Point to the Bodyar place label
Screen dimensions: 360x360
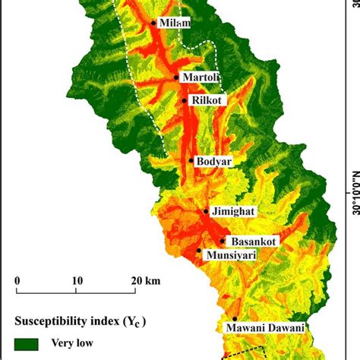click(213, 160)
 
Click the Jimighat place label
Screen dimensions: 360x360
click(235, 212)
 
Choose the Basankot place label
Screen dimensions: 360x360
click(254, 241)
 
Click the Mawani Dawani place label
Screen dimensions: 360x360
click(265, 327)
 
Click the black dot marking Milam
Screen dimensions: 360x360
click(154, 23)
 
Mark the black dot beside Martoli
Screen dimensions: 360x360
click(176, 77)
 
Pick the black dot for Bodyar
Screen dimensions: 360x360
click(191, 160)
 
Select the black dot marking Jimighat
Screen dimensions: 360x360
click(206, 212)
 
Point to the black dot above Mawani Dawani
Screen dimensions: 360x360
click(234, 319)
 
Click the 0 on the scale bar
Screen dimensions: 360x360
click(17, 279)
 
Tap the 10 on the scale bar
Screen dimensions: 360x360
click(77, 279)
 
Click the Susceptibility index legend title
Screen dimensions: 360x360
click(81, 320)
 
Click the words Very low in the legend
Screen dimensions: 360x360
click(72, 343)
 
